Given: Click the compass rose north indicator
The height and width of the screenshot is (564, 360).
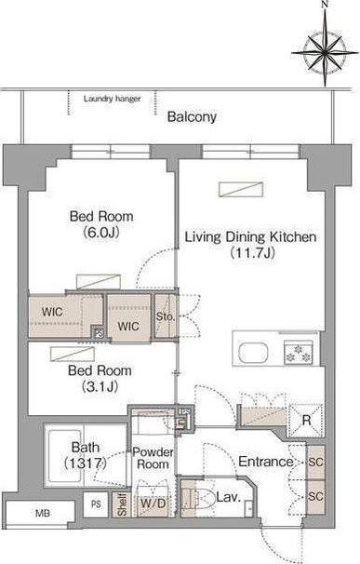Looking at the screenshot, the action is tap(325, 5).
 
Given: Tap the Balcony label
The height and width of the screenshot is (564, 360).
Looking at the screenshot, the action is tap(192, 117).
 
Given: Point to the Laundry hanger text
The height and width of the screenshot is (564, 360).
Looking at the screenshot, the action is tap(112, 99).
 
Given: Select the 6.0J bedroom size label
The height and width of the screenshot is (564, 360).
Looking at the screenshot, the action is tap(101, 233).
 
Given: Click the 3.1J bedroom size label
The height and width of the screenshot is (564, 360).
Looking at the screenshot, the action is tap(100, 386).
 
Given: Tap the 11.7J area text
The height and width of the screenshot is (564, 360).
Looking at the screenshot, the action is tap(252, 253).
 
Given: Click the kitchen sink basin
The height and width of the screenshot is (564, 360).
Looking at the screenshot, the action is tap(253, 354).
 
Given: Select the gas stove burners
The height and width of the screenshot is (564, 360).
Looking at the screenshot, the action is tap(298, 353).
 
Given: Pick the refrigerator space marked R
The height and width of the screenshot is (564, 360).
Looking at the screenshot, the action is tap(306, 421).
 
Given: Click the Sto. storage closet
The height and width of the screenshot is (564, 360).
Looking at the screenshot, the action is tap(165, 316).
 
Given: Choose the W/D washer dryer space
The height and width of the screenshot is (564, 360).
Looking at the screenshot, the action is tap(153, 503).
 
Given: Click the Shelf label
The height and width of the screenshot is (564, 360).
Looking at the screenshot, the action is tap(122, 504).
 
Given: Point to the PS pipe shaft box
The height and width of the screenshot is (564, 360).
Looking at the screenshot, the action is tap(96, 504).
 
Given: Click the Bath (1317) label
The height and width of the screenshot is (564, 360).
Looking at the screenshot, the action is tap(86, 455).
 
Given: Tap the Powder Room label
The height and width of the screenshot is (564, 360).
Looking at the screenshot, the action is tap(153, 458).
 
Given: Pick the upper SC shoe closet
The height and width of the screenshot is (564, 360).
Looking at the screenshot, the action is tap(315, 463).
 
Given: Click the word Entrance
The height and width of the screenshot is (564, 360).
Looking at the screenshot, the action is tap(266, 462).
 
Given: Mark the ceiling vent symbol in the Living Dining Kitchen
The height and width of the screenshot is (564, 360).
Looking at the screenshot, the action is tap(241, 190).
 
